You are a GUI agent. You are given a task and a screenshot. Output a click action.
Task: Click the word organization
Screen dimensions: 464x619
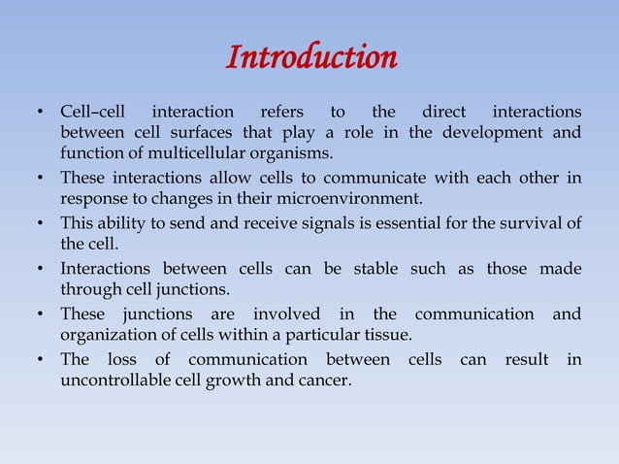[x=105, y=336]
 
